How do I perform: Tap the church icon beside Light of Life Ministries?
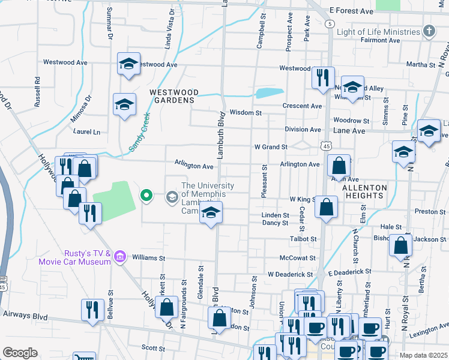click(429, 31)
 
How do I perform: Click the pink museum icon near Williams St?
click(120, 257)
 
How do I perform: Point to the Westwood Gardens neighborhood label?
click(174, 96)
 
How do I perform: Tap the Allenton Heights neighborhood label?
click(364, 192)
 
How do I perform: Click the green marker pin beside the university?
click(146, 195)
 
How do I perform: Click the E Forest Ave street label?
click(352, 11)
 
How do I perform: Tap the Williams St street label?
click(149, 259)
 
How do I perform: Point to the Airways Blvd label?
click(25, 314)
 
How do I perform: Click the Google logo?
click(20, 352)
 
